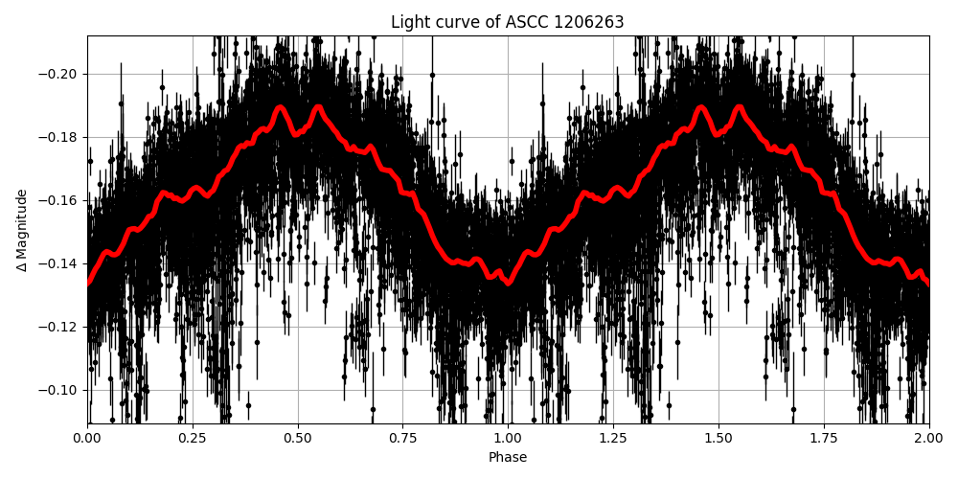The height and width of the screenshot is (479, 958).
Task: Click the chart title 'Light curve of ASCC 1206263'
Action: (508, 22)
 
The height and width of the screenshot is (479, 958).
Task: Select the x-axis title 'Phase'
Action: (508, 458)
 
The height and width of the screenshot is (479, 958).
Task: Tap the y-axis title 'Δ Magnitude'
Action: (22, 230)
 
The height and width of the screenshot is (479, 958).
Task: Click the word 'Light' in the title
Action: (409, 22)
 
